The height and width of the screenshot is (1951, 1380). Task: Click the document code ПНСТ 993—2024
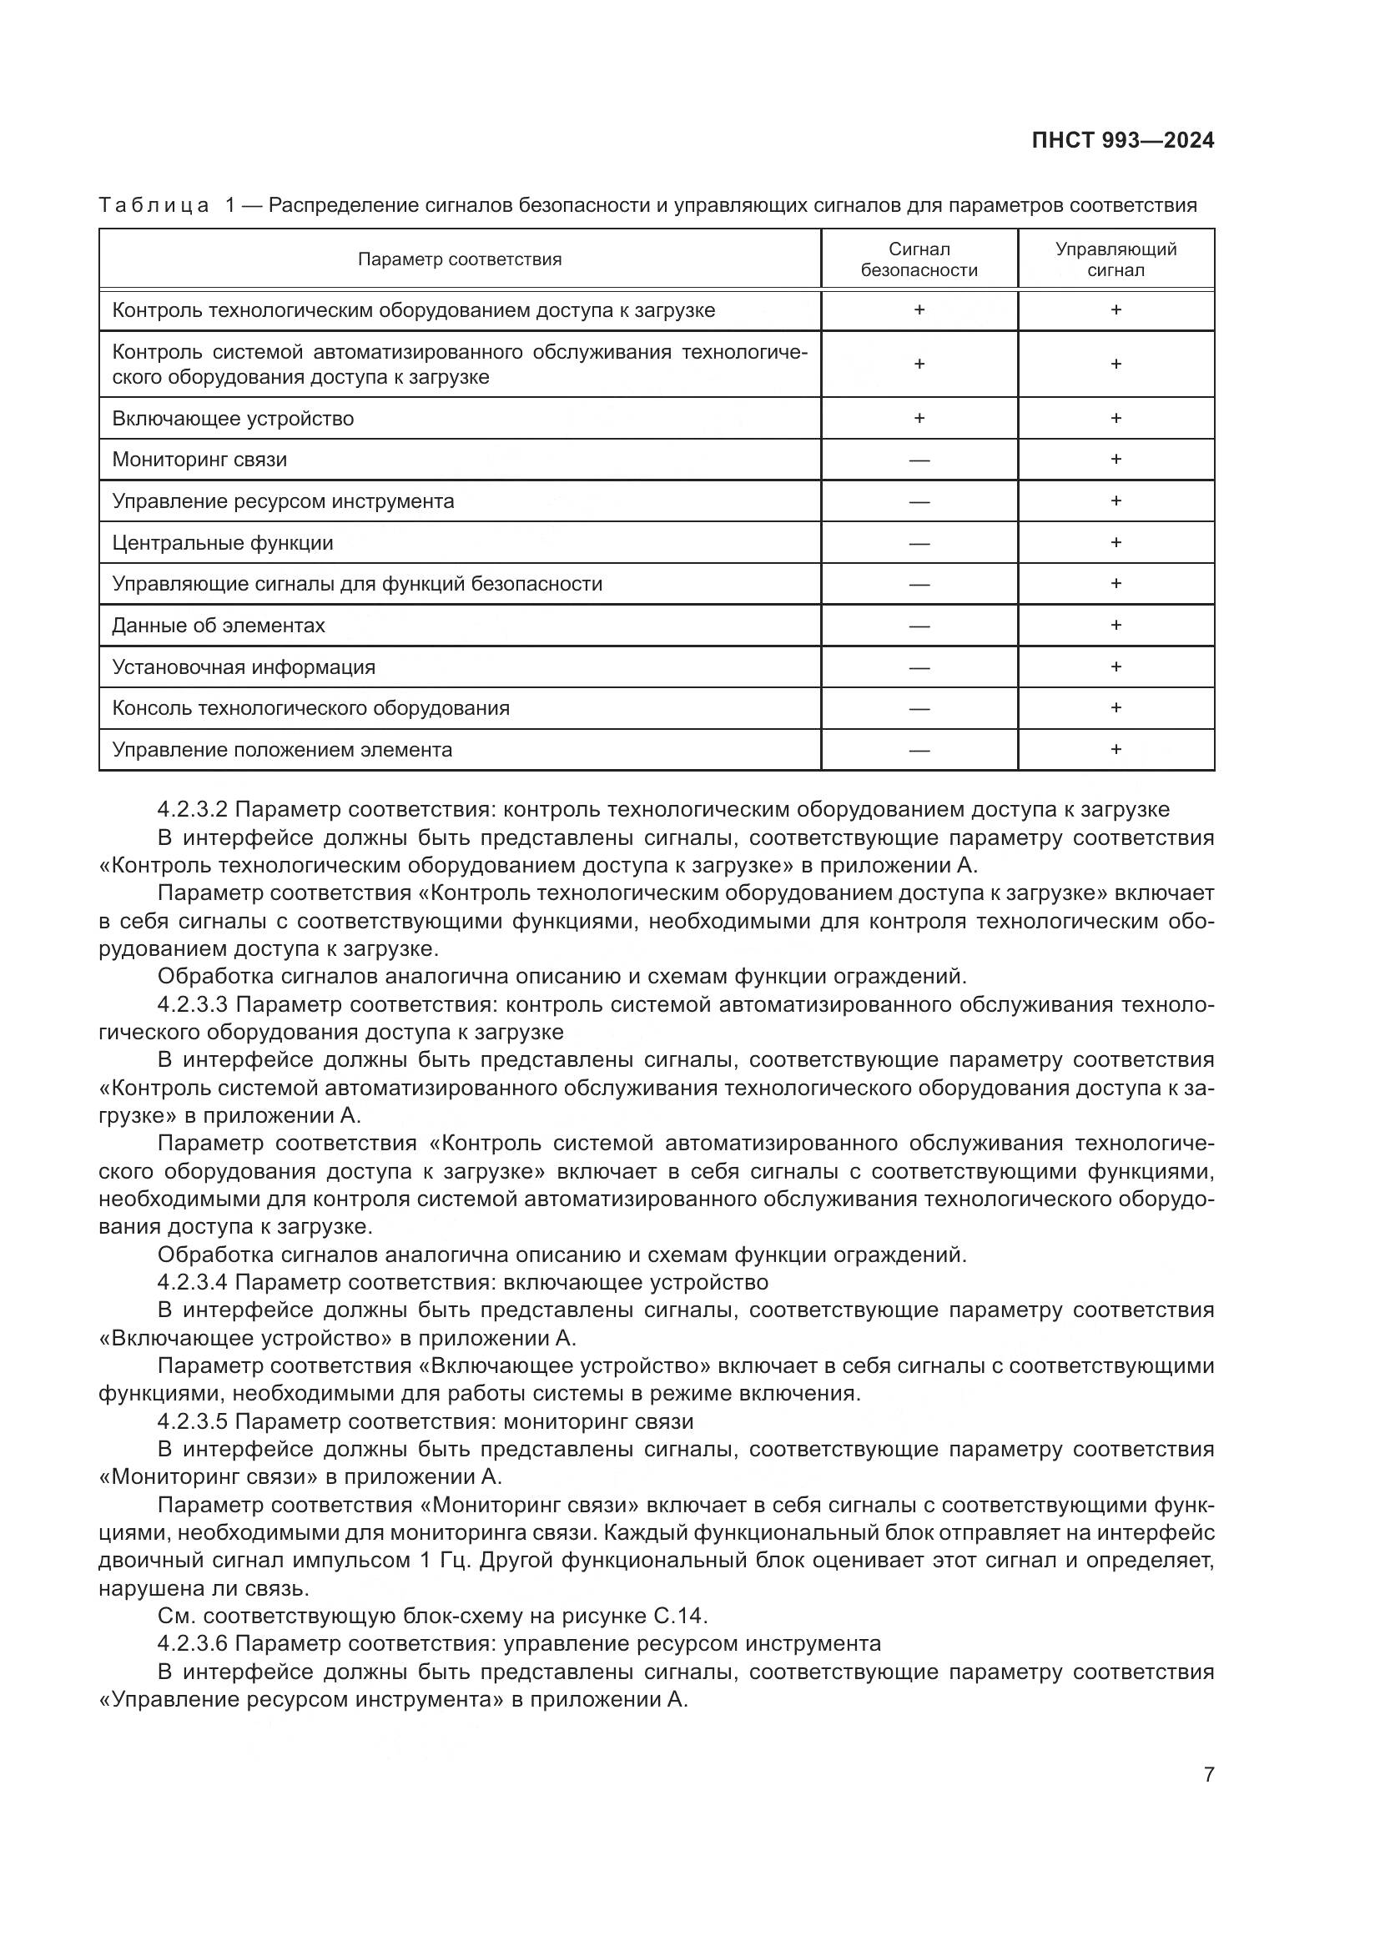1122,141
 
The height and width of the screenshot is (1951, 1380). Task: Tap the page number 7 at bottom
1208,1774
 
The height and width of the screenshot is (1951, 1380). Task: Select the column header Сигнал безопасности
919,259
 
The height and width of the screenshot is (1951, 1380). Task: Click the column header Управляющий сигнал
1116,259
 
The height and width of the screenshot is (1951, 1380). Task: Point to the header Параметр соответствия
459,259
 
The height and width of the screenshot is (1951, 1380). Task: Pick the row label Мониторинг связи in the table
199,460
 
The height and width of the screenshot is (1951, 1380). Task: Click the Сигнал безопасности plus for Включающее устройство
919,418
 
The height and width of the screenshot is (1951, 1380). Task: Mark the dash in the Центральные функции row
919,543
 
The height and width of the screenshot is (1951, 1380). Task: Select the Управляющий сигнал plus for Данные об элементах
1116,626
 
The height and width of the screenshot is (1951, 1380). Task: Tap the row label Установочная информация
244,667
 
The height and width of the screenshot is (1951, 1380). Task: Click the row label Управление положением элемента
282,750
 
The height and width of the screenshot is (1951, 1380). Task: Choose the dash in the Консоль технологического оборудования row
919,709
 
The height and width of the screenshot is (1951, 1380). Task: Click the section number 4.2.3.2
192,810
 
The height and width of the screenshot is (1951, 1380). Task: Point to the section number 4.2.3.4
192,1282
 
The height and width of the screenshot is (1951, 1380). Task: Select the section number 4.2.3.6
192,1643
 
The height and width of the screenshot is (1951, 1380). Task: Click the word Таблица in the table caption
154,206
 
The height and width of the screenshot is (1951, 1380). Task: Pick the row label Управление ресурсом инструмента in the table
283,501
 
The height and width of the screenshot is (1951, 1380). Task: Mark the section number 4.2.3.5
192,1421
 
